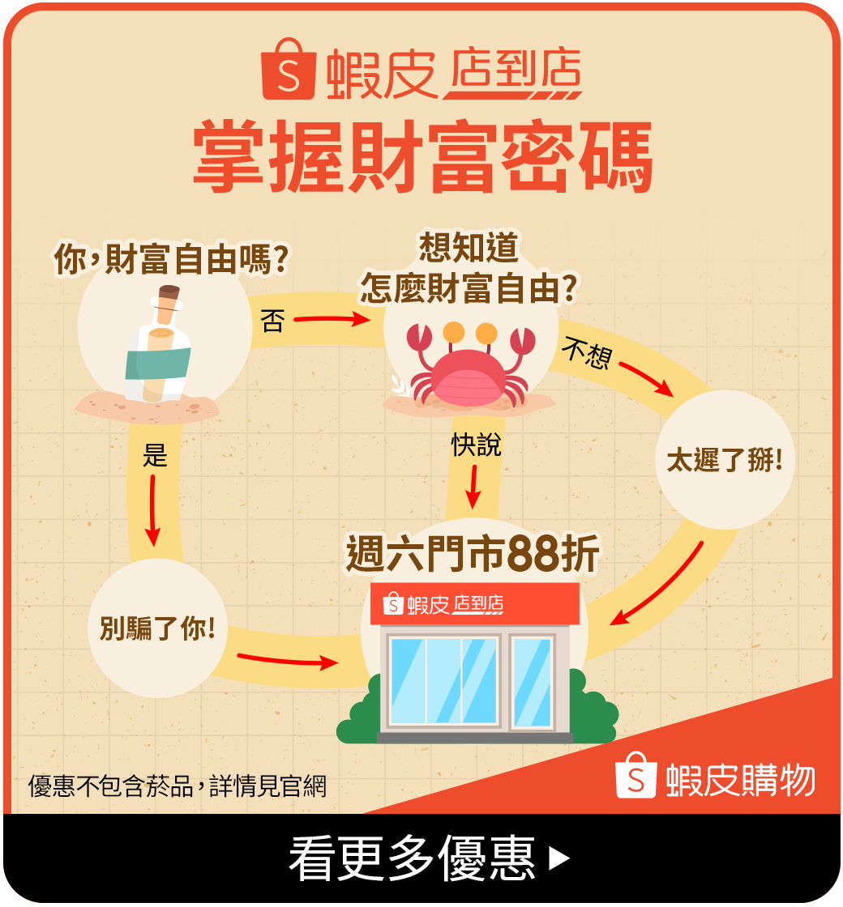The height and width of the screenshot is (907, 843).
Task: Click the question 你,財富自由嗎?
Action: click(172, 260)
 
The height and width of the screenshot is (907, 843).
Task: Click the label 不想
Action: click(586, 353)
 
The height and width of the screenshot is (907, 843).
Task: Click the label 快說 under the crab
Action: click(476, 445)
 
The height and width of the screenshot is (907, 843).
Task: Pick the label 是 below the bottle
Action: click(154, 455)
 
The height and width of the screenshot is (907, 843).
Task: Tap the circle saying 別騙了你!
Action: click(157, 628)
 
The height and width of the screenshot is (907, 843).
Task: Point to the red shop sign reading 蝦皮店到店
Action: click(474, 603)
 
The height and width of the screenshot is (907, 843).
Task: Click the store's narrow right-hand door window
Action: click(532, 680)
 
